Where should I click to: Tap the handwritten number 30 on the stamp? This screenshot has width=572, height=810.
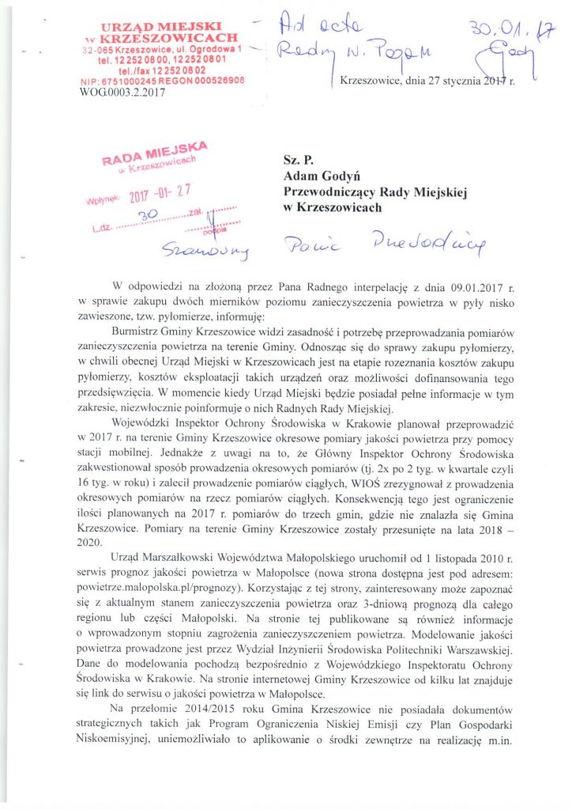(145, 214)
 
